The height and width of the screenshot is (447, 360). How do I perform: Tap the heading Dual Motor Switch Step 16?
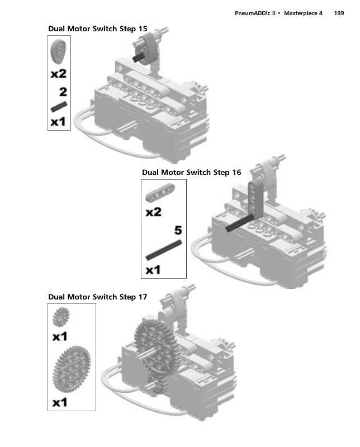(x=192, y=172)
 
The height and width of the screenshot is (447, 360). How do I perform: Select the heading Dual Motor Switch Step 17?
(x=98, y=297)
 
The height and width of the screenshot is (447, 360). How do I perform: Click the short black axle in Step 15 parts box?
(x=59, y=106)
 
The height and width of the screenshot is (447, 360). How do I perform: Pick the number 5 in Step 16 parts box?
(x=178, y=229)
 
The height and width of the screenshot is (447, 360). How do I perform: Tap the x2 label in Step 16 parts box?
(x=153, y=212)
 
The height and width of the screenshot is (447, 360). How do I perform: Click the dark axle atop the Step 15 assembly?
(x=141, y=55)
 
